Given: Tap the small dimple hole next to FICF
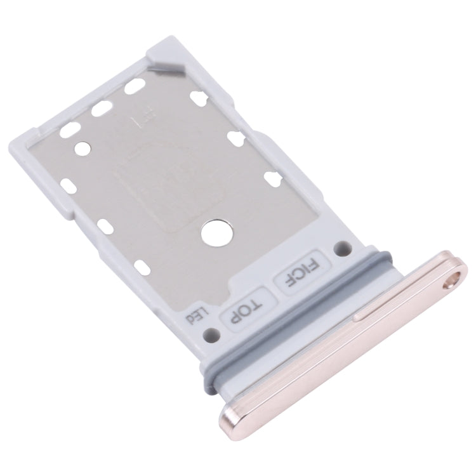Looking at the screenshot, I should pyautogui.click(x=343, y=246).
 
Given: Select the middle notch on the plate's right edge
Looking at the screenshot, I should pyautogui.click(x=235, y=138).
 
